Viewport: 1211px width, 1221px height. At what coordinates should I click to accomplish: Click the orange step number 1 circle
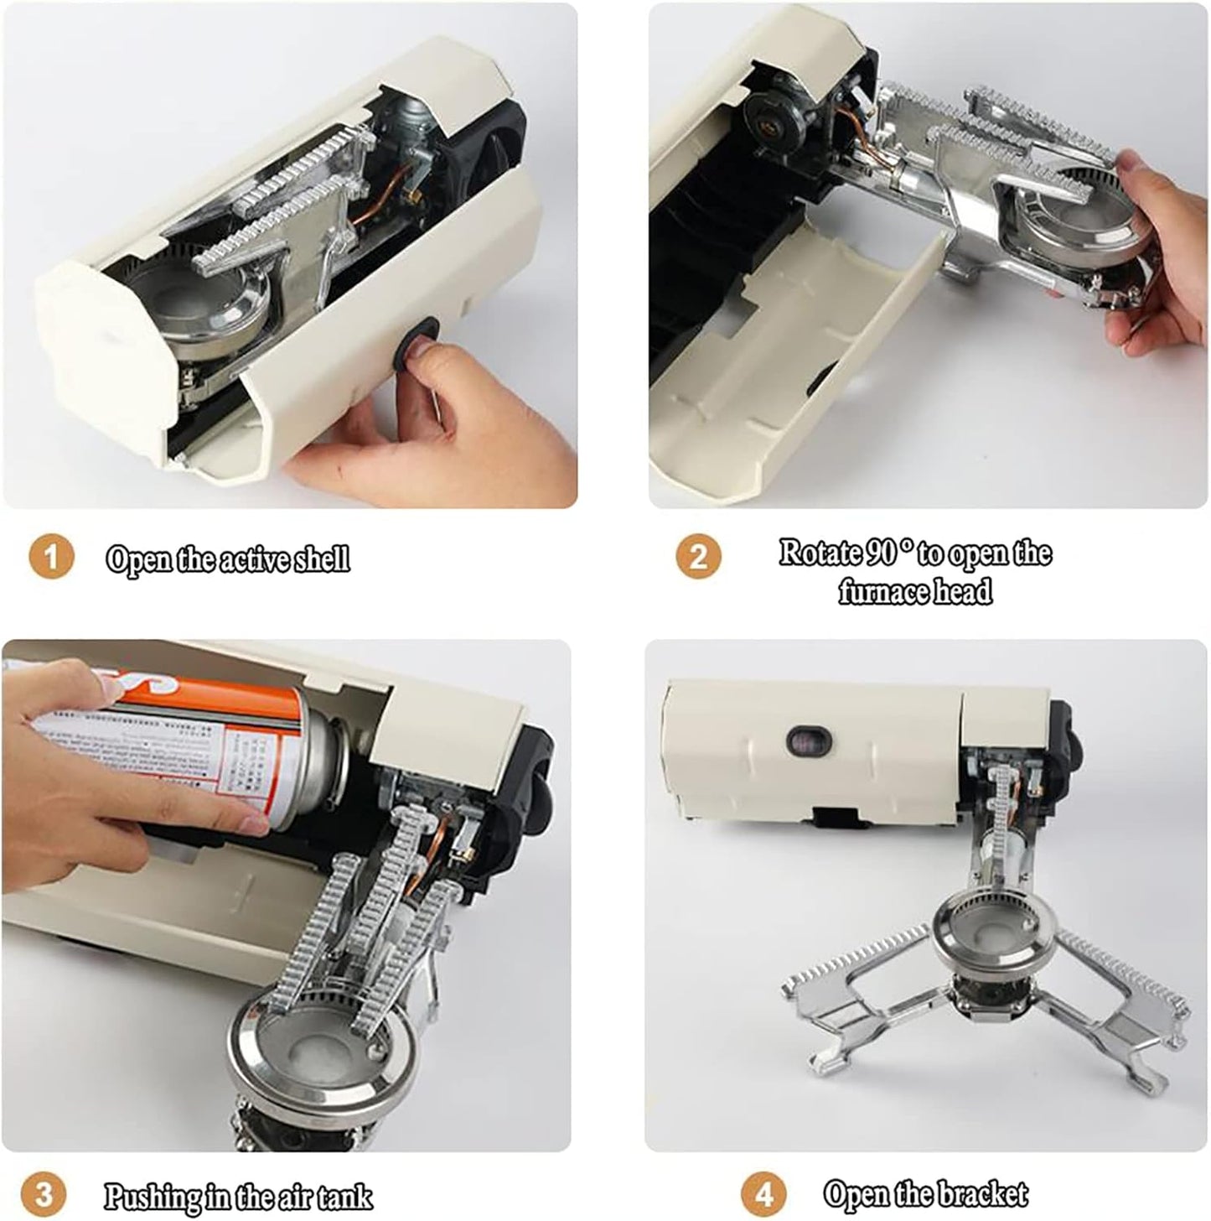pos(51,558)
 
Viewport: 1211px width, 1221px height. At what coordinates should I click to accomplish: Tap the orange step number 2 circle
pos(697,556)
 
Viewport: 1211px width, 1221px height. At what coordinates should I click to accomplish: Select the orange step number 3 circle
pos(44,1193)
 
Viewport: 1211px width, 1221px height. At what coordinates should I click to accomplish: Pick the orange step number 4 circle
pos(763,1193)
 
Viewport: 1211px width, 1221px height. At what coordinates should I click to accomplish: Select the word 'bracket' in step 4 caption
pos(984,1192)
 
